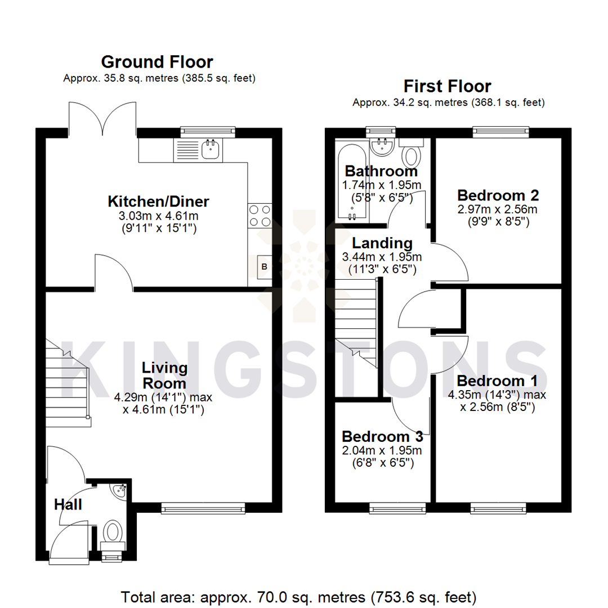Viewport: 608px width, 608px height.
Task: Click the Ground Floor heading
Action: (x=157, y=61)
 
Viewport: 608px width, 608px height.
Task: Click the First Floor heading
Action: (x=448, y=86)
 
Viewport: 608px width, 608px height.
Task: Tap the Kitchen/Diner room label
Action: (x=158, y=201)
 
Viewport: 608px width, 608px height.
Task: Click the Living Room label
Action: (x=164, y=375)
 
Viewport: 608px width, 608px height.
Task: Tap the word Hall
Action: (x=68, y=504)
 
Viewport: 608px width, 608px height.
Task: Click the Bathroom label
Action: (x=381, y=171)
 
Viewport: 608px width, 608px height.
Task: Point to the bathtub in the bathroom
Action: (x=352, y=180)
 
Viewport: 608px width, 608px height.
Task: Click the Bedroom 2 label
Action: (x=498, y=195)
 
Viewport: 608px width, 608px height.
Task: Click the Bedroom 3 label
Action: (x=382, y=436)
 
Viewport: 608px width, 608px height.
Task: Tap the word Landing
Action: (x=382, y=243)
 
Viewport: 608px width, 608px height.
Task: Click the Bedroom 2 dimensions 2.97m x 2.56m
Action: (x=498, y=209)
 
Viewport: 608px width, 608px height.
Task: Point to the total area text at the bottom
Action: (x=299, y=596)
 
